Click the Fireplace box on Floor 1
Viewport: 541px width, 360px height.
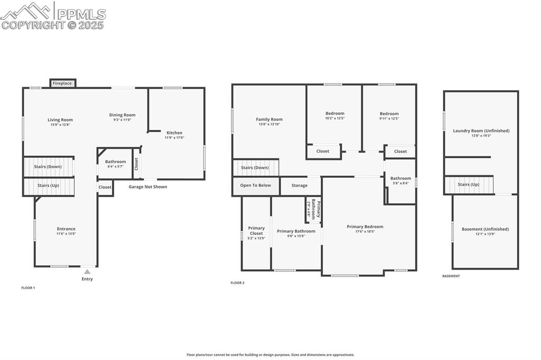tap(62, 83)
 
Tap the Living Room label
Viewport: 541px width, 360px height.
tap(60, 120)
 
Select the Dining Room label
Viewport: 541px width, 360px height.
tap(122, 115)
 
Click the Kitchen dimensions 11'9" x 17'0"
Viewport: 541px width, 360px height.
tap(174, 138)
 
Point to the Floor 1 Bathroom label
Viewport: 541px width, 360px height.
tap(115, 162)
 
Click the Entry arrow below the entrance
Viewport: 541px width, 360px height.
tap(87, 272)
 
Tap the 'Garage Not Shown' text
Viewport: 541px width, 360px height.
tap(148, 187)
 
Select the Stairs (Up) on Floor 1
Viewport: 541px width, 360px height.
tap(48, 186)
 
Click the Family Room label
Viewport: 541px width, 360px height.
tap(269, 119)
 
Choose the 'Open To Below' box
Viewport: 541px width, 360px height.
tap(255, 186)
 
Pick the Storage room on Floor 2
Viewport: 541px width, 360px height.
tap(300, 186)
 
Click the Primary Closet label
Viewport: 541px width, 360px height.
tap(256, 231)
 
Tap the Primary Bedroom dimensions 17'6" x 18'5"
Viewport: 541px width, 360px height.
tap(365, 232)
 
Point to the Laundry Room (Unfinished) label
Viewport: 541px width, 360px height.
tap(481, 130)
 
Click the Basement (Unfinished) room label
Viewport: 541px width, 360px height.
tap(485, 229)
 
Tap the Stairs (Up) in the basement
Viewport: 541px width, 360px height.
tap(468, 185)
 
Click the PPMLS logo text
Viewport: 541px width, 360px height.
tap(79, 14)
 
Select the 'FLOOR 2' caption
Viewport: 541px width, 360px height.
tap(237, 283)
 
